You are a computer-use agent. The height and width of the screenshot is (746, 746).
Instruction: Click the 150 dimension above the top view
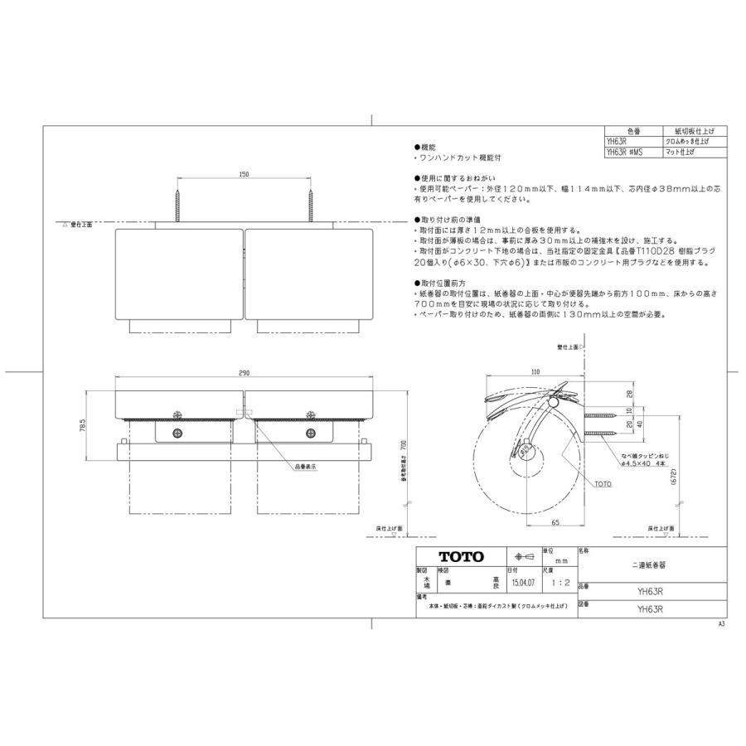click(244, 175)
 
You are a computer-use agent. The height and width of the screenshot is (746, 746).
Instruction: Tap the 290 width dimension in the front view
click(244, 374)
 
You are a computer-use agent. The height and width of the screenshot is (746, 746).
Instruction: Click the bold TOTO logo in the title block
click(461, 557)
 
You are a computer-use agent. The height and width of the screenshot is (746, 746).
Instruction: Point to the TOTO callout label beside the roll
click(603, 482)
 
